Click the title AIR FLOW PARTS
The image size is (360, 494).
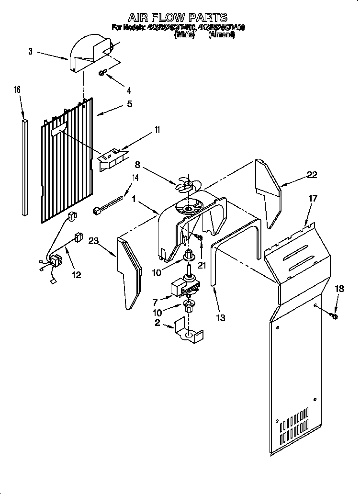coord(177,18)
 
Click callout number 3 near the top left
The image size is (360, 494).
coord(30,51)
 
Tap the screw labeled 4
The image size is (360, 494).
coord(102,73)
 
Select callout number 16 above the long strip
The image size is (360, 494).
coord(17,90)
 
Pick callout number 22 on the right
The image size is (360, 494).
coord(312,175)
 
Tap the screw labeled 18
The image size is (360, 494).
coord(334,316)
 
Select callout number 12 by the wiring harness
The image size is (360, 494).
coord(76,275)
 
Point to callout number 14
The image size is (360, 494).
coord(135,178)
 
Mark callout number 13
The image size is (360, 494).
coord(220,317)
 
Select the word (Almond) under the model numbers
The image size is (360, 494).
coord(222,34)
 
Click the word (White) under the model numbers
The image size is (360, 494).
coord(184,34)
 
